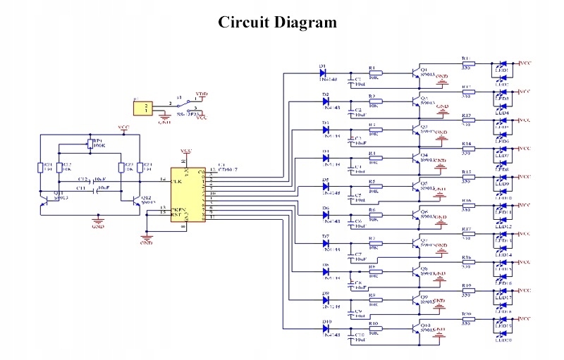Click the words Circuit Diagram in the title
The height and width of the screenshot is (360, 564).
(x=277, y=23)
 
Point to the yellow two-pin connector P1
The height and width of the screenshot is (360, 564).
(x=144, y=108)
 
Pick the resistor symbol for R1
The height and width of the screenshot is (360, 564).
(x=375, y=72)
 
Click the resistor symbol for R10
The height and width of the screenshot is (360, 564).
(x=375, y=328)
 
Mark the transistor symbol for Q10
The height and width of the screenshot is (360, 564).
(x=414, y=328)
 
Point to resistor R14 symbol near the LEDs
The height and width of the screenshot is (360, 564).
(x=467, y=149)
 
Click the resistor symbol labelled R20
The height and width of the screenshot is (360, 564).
(x=467, y=319)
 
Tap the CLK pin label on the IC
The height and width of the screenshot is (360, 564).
(x=176, y=180)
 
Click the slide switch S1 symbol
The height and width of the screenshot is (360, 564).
(x=185, y=104)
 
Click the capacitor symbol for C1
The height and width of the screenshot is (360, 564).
(x=350, y=78)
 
